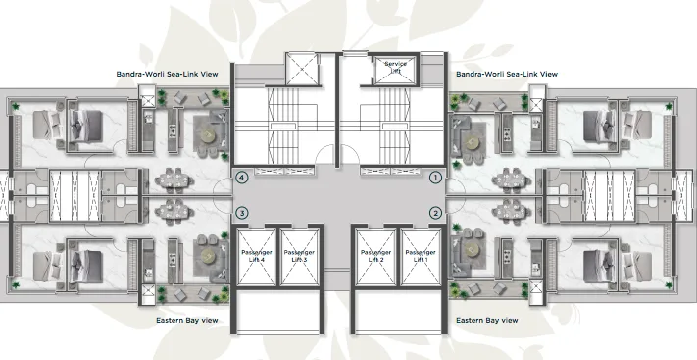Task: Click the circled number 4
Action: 241,178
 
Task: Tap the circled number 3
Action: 241,212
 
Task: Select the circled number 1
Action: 436,178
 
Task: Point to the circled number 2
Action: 436,212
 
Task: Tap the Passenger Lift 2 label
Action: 373,257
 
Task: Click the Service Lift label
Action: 395,66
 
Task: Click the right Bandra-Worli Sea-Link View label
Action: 507,74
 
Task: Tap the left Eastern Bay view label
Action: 187,320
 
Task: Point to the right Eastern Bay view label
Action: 487,320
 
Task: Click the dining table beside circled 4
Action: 174,180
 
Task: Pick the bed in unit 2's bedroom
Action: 596,263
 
